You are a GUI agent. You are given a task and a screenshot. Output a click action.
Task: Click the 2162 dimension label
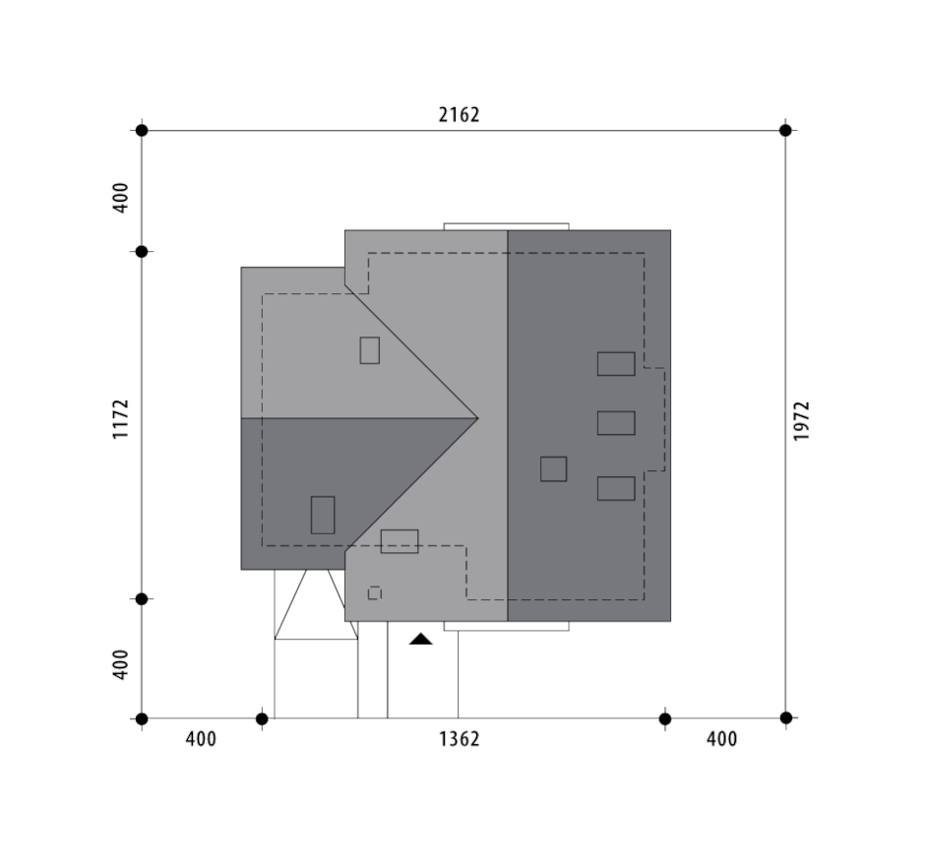[459, 114]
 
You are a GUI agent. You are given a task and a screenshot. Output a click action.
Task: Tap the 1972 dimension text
[801, 421]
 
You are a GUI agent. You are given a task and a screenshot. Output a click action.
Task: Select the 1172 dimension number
[120, 419]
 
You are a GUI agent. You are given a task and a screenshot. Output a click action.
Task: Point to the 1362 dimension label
[459, 739]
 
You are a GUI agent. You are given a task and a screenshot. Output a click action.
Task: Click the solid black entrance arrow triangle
[420, 639]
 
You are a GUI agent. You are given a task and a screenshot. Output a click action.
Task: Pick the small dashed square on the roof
[374, 593]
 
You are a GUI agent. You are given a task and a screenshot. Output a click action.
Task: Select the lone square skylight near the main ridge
[553, 468]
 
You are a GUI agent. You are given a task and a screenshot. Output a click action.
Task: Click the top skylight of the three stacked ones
[616, 364]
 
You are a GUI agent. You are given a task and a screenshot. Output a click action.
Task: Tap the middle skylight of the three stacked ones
[616, 423]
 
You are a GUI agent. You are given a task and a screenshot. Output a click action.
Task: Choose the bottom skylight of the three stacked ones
[616, 488]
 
